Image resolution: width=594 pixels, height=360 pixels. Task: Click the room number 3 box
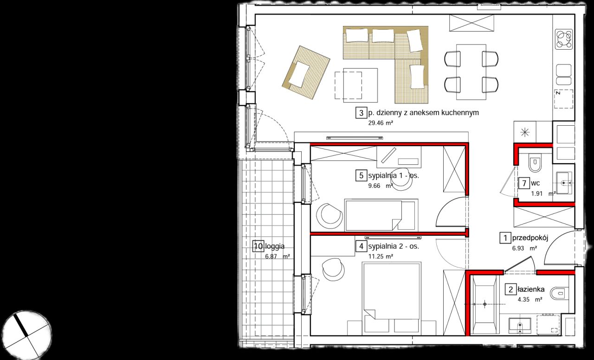(361, 113)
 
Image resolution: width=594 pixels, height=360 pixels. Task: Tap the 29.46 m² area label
(381, 123)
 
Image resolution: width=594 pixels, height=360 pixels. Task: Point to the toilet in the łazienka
(559, 294)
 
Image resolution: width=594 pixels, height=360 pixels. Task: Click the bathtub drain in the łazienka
(485, 304)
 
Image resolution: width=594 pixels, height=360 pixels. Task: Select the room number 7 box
(524, 183)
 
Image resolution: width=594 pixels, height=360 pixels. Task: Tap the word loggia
(275, 246)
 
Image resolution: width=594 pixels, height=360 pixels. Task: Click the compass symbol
(27, 335)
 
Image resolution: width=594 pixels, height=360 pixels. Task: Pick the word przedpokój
(530, 238)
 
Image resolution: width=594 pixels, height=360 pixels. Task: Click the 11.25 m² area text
(381, 257)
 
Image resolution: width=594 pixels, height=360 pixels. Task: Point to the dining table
(471, 72)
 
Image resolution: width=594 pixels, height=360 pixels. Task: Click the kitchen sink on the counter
(563, 75)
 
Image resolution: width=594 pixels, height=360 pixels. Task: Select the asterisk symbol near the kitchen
(525, 132)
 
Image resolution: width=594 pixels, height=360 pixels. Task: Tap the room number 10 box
(258, 246)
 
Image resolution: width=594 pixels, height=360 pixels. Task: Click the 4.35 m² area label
(530, 300)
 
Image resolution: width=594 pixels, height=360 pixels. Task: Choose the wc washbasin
(564, 183)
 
